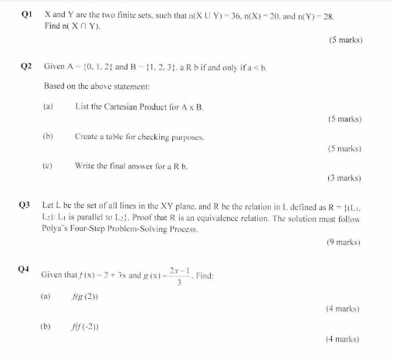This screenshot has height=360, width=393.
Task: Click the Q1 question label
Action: (24, 15)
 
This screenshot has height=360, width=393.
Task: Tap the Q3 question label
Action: (24, 208)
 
